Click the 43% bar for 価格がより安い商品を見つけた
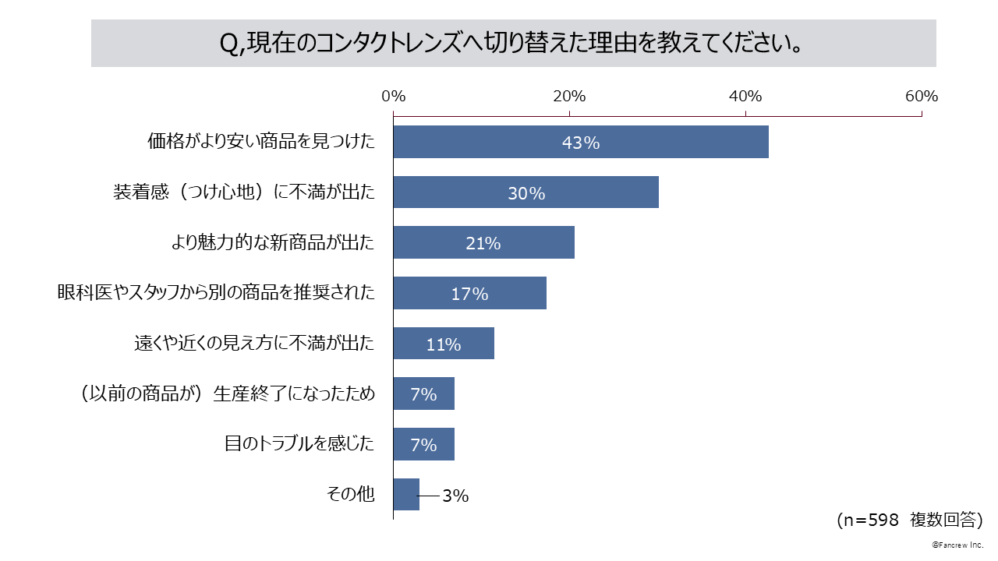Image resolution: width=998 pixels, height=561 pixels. [x=581, y=142]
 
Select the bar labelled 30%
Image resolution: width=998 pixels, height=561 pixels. [x=526, y=192]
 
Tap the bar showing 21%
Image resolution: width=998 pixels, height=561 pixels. [x=483, y=242]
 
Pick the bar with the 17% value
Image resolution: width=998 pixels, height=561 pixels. [x=469, y=293]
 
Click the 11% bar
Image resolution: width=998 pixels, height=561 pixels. [x=444, y=344]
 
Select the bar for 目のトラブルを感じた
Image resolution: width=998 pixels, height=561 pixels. [x=423, y=444]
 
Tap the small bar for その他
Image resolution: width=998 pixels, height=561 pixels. [x=406, y=494]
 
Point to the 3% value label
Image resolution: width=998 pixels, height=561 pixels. [x=455, y=496]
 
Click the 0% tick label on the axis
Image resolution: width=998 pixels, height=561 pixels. [x=394, y=97]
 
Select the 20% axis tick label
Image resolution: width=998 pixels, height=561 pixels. [x=569, y=97]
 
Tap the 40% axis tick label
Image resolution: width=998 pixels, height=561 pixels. [x=745, y=97]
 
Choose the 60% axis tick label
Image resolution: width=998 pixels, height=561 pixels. [x=921, y=97]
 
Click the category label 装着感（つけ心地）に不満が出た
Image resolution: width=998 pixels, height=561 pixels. [x=244, y=192]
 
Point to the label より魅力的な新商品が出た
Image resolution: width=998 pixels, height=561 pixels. [x=273, y=242]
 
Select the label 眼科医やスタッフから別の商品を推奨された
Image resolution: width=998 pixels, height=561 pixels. [x=216, y=293]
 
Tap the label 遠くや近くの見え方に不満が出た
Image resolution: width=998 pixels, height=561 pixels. [x=254, y=344]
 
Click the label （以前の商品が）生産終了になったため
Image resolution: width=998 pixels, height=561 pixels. [x=227, y=394]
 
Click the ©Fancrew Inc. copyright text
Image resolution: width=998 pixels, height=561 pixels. [x=957, y=545]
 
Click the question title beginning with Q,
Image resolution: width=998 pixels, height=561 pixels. [x=513, y=44]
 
